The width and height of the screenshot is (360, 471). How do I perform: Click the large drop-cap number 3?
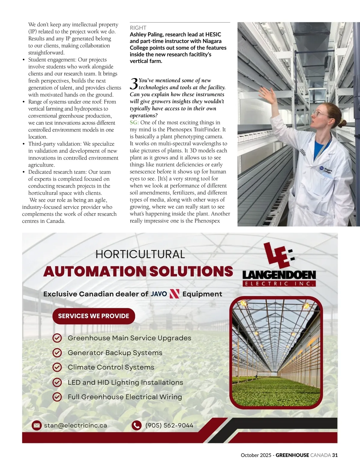click(x=134, y=84)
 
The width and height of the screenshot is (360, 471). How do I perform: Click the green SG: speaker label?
click(x=134, y=122)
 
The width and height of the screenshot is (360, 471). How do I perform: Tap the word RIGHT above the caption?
click(x=138, y=28)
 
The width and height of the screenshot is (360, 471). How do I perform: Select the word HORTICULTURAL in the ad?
click(x=140, y=255)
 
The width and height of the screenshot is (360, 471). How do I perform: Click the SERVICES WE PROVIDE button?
click(x=94, y=316)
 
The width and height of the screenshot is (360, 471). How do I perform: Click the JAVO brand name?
click(x=159, y=294)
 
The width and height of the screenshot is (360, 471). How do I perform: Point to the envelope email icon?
click(x=37, y=425)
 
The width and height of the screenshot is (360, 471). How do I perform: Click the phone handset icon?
click(x=136, y=425)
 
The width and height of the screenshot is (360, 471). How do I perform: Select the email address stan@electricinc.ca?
click(x=75, y=425)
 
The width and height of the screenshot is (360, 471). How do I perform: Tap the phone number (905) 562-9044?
click(x=169, y=425)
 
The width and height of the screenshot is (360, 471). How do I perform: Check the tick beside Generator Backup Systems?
click(x=57, y=353)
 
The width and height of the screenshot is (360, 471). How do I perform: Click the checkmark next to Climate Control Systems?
click(x=57, y=367)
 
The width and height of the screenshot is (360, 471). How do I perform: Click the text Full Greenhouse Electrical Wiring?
click(x=125, y=397)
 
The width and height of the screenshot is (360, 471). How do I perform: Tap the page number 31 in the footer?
click(x=335, y=455)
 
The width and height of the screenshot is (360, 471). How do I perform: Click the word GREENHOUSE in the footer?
click(x=292, y=455)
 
